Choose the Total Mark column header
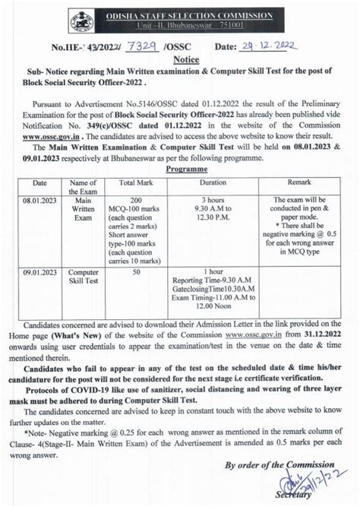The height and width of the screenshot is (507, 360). [x=137, y=183]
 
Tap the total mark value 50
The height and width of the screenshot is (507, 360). [x=137, y=271]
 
